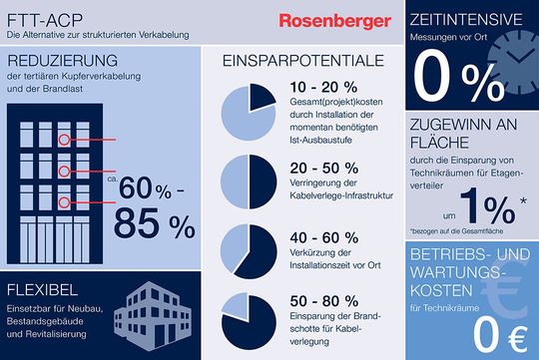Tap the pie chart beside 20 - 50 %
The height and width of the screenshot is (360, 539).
point(247,180)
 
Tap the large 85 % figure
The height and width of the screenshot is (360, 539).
point(154,225)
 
